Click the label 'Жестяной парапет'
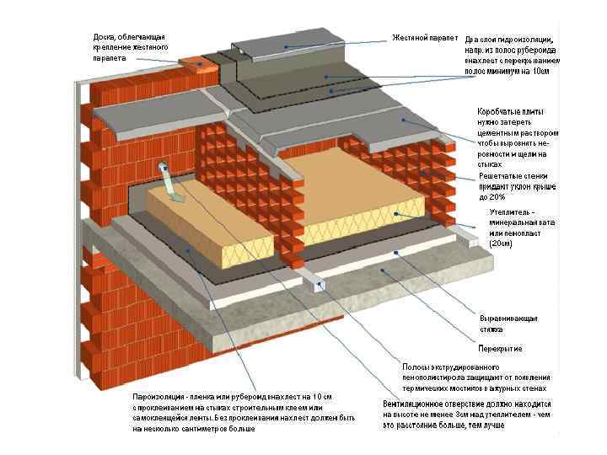click(425, 38)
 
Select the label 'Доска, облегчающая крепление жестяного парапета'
click(130, 48)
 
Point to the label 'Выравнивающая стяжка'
click(508, 324)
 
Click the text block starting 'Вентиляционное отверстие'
click(467, 415)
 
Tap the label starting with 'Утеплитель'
click(513, 227)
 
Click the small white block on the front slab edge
click(320, 285)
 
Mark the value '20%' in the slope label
click(501, 196)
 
